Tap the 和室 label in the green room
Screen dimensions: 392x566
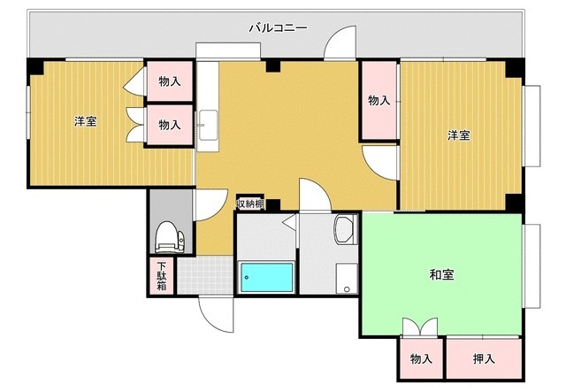(x=442, y=275)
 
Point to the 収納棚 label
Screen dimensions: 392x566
(x=250, y=204)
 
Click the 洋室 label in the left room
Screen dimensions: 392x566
(x=85, y=121)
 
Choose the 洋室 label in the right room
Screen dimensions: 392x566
(x=458, y=135)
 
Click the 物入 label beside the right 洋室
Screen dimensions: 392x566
(x=379, y=100)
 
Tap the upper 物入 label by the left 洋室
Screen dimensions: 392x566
(x=170, y=81)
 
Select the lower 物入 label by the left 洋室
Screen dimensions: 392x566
(x=170, y=125)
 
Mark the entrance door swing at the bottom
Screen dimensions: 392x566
(x=214, y=311)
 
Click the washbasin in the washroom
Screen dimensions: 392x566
(x=343, y=232)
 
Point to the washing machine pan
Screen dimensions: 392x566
(x=347, y=278)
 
